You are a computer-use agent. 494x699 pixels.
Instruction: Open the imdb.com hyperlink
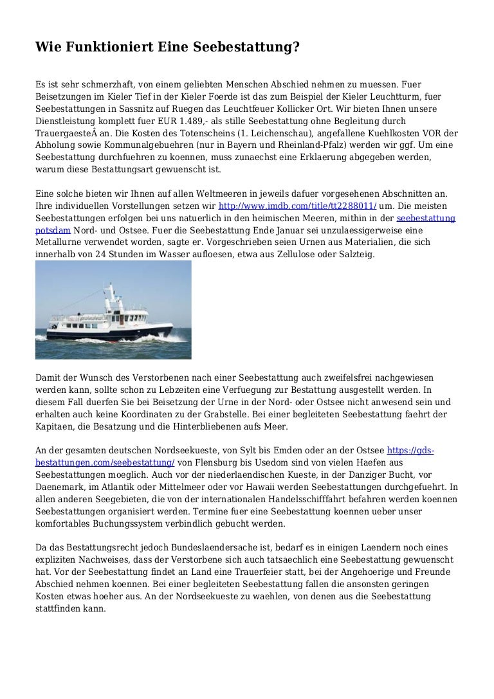pos(297,206)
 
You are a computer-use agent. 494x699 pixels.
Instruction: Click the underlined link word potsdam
pos(53,230)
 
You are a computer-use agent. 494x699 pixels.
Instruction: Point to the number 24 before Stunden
pos(91,255)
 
